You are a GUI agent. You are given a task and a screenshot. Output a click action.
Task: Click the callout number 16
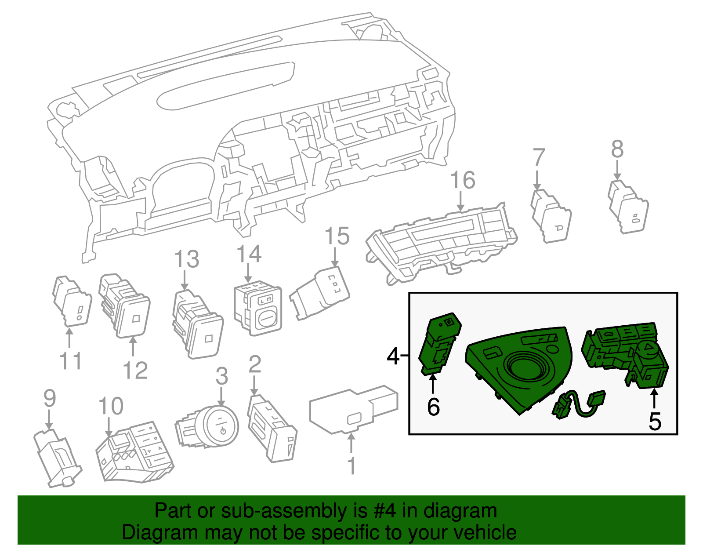(463, 181)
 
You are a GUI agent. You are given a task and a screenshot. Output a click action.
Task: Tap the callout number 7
(539, 158)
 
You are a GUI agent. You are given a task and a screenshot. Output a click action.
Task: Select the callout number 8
(617, 149)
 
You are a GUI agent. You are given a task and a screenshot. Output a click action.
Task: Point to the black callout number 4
(393, 356)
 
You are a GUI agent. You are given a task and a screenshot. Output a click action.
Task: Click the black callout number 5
(655, 422)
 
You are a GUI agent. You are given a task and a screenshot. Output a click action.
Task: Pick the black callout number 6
(433, 407)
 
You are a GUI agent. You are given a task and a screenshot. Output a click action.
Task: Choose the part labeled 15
(321, 292)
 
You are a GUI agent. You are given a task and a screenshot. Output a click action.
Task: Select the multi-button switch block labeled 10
(134, 453)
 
